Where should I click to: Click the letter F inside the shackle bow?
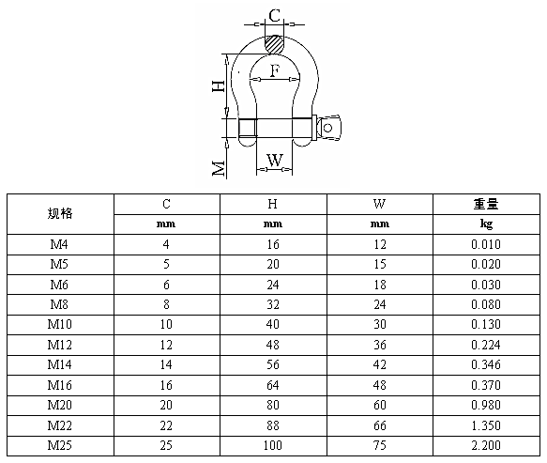pyautogui.click(x=275, y=70)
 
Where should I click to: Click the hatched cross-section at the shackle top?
pyautogui.click(x=274, y=44)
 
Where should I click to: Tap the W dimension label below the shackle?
pyautogui.click(x=275, y=161)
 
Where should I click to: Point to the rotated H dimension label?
pyautogui.click(x=219, y=85)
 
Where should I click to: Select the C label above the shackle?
pyautogui.click(x=275, y=16)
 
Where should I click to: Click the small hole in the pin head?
pyautogui.click(x=327, y=128)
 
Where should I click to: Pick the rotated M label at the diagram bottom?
pyautogui.click(x=219, y=169)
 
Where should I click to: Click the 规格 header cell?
pyautogui.click(x=60, y=213)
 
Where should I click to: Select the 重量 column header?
pyautogui.click(x=486, y=204)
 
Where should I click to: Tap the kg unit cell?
pyautogui.click(x=486, y=224)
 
